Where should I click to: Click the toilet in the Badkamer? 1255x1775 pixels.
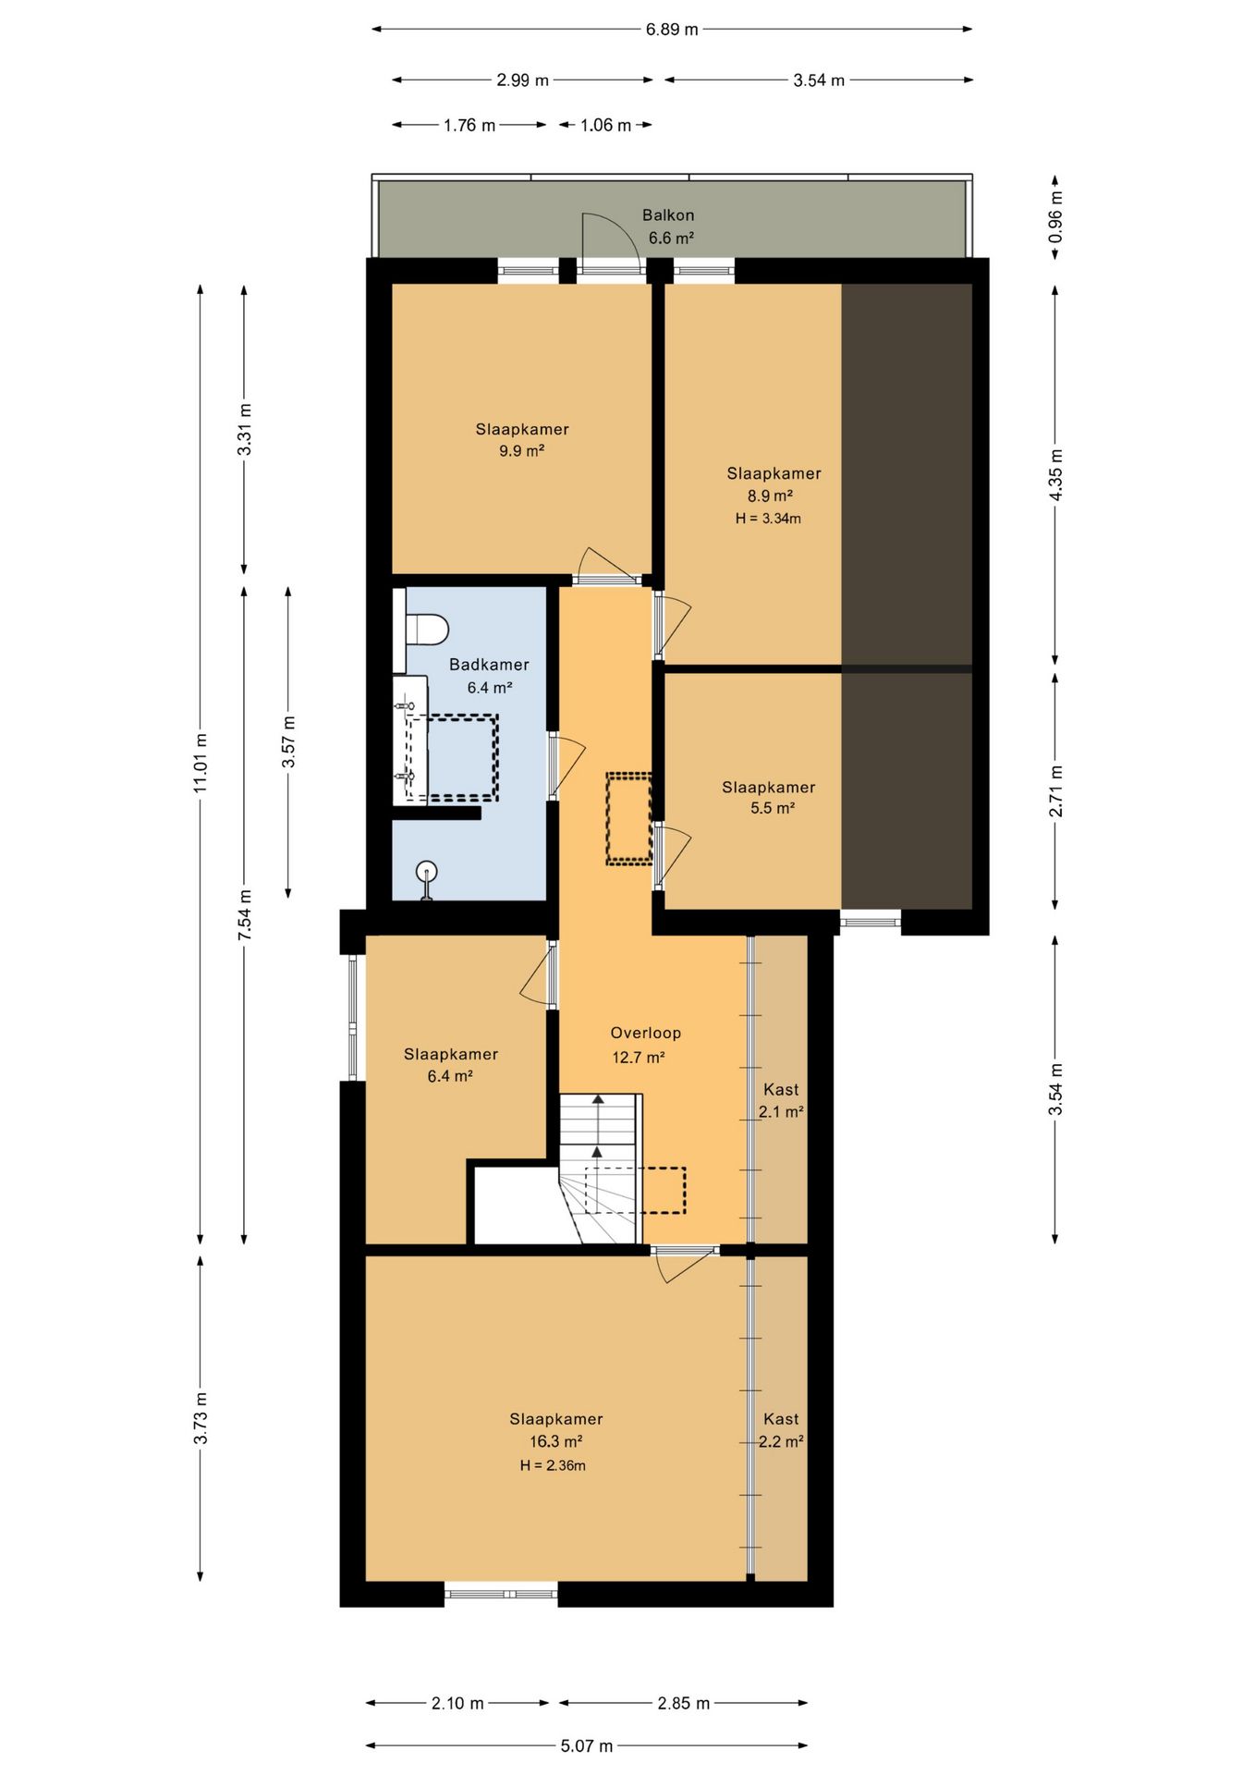coord(422,630)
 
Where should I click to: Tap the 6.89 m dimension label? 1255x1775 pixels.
coord(672,30)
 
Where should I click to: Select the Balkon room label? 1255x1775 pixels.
coord(668,215)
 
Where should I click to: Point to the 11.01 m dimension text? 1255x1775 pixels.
coord(201,763)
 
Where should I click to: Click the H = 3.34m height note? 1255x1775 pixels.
coord(768,519)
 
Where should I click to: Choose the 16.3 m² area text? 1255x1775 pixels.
coord(555,1441)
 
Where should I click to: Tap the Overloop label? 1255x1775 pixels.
coord(645,1034)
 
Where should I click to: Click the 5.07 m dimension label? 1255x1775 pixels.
coord(587,1746)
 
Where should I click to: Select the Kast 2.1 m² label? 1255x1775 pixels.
coord(781,1101)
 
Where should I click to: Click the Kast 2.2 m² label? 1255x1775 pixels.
coord(781,1430)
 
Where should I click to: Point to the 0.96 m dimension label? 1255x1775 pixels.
coord(1055,217)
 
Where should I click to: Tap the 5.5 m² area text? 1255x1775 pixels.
coord(773,808)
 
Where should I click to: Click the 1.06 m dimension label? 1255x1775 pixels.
coord(605,125)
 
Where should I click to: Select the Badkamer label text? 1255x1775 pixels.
coord(489,665)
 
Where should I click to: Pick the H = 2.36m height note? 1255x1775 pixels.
coord(553,1465)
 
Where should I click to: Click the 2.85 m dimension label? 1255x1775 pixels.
coord(684,1703)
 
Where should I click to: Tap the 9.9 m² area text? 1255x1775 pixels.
coord(521,451)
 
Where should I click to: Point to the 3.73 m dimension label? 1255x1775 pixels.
coord(201,1417)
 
